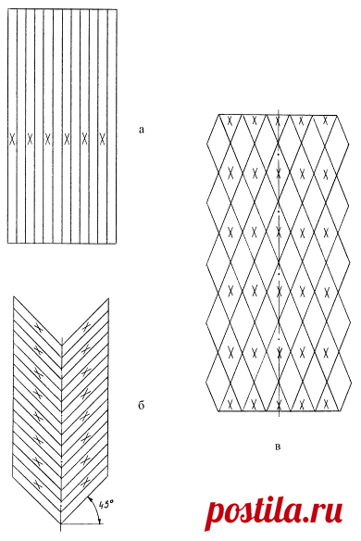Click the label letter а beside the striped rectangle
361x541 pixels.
tap(141, 131)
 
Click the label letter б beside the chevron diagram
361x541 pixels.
tap(141, 405)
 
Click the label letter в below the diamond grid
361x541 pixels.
tap(279, 447)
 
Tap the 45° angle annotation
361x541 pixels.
tap(106, 504)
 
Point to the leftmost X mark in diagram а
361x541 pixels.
tap(12, 139)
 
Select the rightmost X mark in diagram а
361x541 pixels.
tap(102, 139)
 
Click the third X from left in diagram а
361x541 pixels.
tap(48, 139)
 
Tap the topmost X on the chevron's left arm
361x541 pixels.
tap(39, 328)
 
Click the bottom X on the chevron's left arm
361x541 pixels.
tap(39, 483)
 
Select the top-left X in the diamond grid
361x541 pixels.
tap(230, 120)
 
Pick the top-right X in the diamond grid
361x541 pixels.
tap(325, 120)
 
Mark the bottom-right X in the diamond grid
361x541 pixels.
tap(325, 403)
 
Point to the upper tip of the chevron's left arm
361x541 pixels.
tap(14, 296)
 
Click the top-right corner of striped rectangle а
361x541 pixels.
tap(117, 9)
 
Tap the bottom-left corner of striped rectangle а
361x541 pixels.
tap(8, 243)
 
